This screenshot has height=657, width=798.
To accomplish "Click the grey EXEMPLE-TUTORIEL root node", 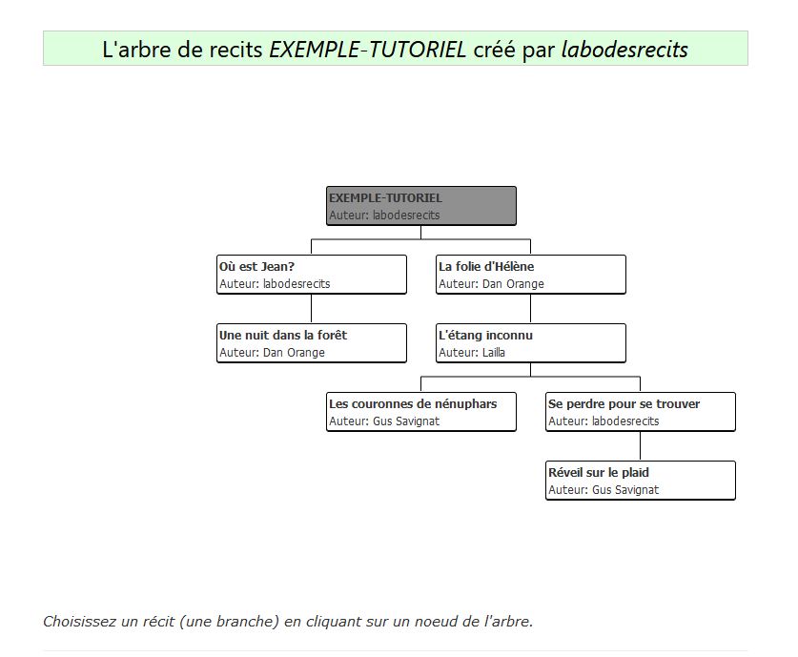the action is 420,206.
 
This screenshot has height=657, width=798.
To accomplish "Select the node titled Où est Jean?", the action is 312,275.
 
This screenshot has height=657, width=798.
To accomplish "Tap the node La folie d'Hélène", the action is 531,275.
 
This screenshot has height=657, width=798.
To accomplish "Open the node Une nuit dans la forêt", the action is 312,343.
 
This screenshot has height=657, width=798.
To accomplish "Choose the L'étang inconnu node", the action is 531,343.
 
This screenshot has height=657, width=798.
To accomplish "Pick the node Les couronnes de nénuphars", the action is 420,412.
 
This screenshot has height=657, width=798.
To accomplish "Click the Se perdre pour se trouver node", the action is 641,412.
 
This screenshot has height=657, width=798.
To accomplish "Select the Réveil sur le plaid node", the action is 641,481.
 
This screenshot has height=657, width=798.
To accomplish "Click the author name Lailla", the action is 493,352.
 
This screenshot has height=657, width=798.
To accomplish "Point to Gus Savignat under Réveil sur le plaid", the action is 625,490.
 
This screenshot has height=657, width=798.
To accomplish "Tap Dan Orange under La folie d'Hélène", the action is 513,284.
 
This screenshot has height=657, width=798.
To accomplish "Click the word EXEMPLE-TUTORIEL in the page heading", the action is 367,50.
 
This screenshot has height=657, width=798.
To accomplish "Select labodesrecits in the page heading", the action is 624,50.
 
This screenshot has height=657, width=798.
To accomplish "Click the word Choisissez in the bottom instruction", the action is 79,622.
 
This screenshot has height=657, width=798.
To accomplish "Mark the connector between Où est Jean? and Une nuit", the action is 312,309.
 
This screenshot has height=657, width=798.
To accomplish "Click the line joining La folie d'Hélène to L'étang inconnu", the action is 531,309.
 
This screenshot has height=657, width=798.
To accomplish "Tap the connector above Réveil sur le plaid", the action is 641,446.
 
